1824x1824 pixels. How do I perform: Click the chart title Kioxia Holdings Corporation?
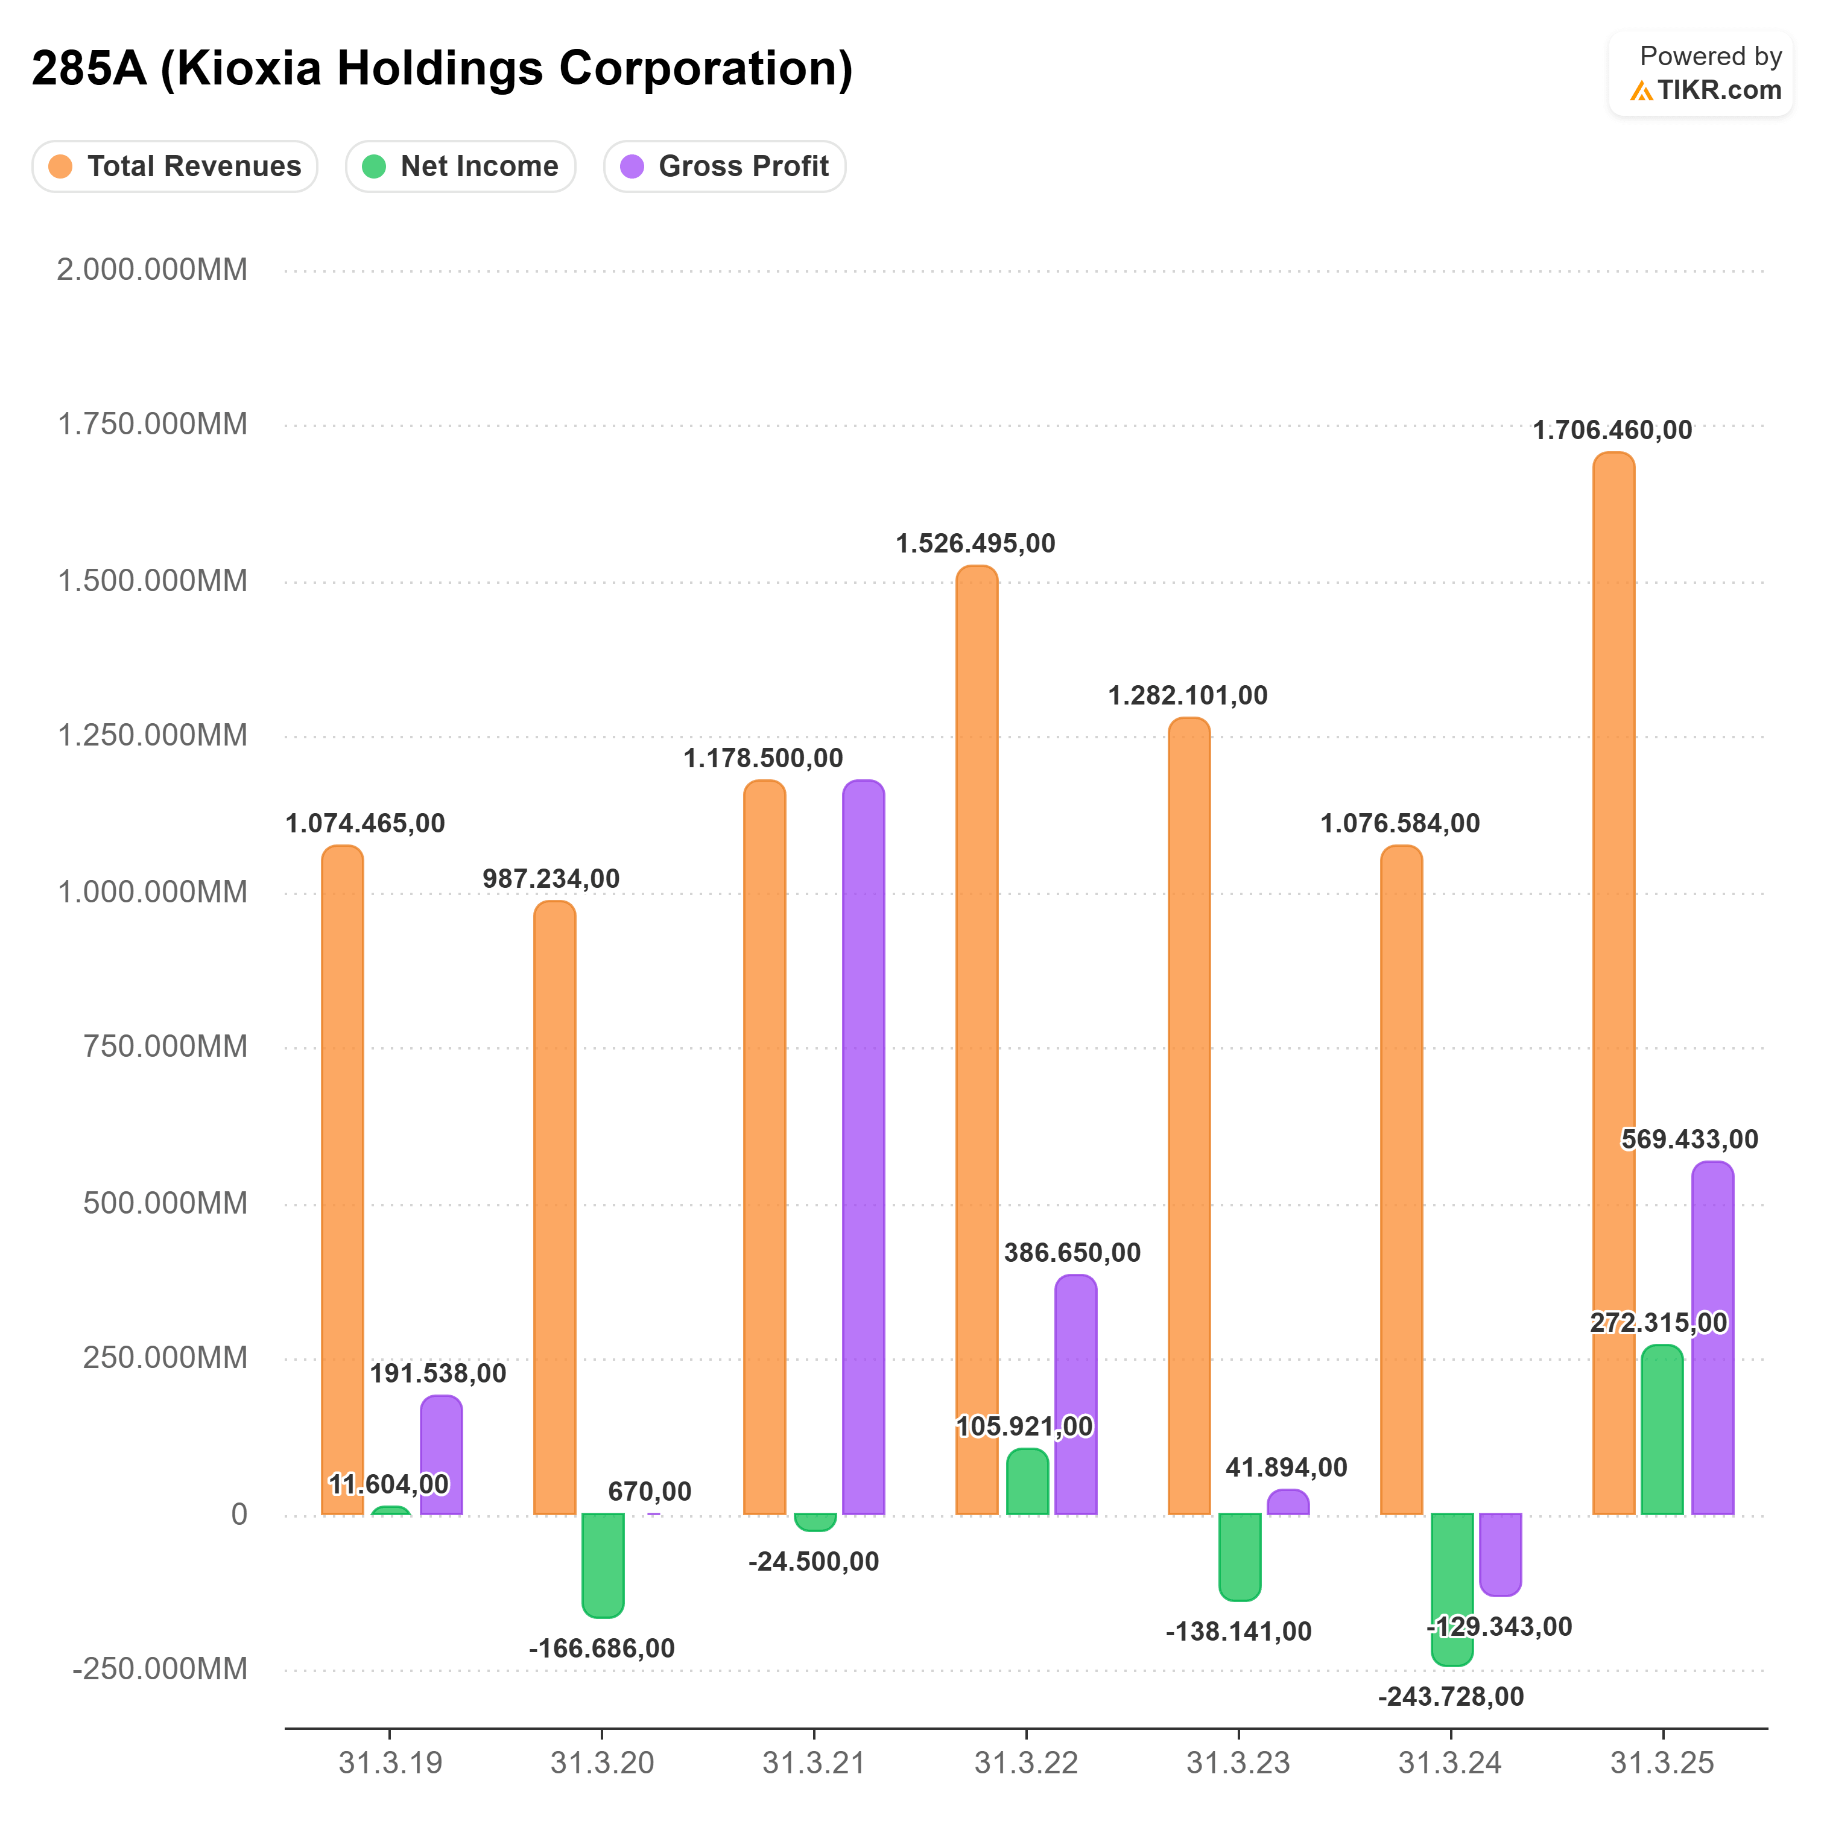tap(442, 69)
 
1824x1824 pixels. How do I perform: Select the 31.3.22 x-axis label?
tap(1026, 1762)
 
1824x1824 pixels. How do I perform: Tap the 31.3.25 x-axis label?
tap(1662, 1762)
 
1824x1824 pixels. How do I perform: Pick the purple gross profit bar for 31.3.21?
tap(863, 1147)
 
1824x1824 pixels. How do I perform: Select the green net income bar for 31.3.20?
tap(603, 1565)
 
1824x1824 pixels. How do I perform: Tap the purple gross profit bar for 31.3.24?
tap(1500, 1553)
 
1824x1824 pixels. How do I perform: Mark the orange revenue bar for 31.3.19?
tap(342, 1180)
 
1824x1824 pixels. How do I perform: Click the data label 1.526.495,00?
tap(975, 544)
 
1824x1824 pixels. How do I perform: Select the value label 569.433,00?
tap(1690, 1139)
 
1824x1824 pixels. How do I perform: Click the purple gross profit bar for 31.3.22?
tap(1075, 1395)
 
